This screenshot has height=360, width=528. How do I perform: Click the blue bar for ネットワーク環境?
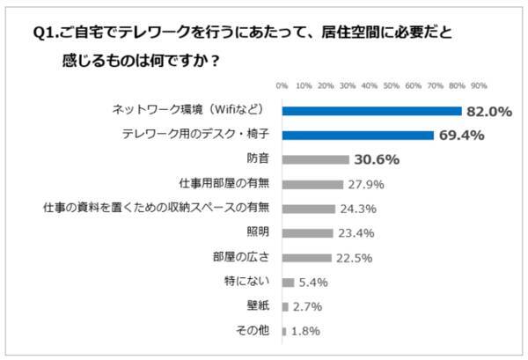click(371, 111)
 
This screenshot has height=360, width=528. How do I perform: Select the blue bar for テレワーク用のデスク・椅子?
click(357, 136)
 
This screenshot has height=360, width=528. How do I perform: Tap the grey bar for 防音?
click(315, 160)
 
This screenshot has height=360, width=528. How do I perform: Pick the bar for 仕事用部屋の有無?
click(312, 185)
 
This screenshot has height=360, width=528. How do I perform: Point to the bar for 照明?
click(307, 233)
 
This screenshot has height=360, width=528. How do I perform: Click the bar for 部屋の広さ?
click(306, 258)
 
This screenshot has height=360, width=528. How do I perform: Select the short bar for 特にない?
click(288, 283)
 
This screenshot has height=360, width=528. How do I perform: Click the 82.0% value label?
click(490, 111)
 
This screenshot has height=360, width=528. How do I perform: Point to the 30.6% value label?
click(377, 160)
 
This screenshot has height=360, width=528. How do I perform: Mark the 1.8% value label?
click(304, 332)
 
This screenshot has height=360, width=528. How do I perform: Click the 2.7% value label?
click(308, 307)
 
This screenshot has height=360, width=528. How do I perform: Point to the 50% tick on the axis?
click(392, 86)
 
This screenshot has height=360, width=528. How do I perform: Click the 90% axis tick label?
click(479, 86)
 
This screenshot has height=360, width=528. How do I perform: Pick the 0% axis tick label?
click(282, 86)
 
